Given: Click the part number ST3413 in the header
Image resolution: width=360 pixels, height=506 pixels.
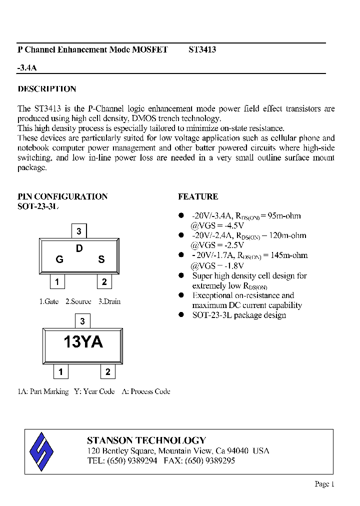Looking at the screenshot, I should (x=202, y=50).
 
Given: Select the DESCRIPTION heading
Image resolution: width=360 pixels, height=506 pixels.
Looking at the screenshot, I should (x=47, y=89).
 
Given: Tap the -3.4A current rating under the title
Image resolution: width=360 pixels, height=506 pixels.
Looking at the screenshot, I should (x=27, y=67).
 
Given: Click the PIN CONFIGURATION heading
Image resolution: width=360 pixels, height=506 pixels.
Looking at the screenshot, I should (x=62, y=196).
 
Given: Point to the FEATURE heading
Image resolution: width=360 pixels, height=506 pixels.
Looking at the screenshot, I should (x=198, y=196).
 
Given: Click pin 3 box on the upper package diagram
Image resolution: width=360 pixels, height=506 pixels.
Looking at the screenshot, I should (x=79, y=231).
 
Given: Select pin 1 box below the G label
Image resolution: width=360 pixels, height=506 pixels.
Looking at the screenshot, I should (x=57, y=282).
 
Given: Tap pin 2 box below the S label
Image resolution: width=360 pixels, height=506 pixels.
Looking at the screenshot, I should (x=104, y=282).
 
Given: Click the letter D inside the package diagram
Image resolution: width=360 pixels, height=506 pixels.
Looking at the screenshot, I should (x=79, y=248).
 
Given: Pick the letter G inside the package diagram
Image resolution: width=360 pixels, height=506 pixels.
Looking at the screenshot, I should (x=59, y=259).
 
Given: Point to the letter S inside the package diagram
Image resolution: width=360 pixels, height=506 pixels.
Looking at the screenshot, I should (x=101, y=259).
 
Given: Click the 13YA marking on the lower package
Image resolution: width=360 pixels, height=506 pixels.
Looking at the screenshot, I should (x=82, y=342).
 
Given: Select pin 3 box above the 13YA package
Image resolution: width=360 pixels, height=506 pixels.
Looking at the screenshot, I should (x=82, y=321).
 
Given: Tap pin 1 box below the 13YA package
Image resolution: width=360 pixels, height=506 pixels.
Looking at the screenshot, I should (x=60, y=372).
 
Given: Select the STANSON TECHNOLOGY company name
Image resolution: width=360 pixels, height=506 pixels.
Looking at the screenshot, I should (x=146, y=440).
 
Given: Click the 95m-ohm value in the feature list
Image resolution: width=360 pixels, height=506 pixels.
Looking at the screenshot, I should (x=284, y=216).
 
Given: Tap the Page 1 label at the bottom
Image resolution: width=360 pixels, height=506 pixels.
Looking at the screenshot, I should (x=324, y=483).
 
